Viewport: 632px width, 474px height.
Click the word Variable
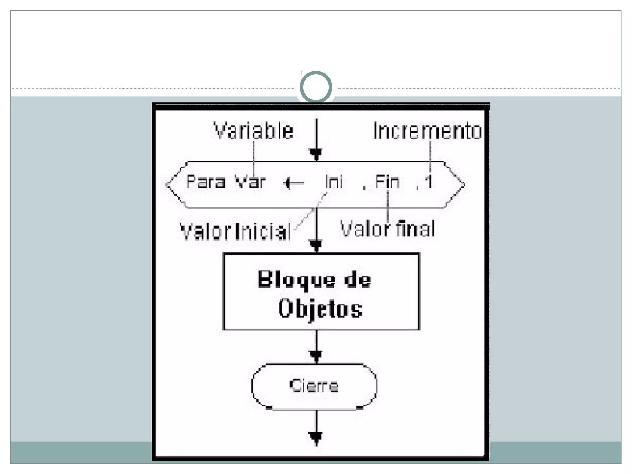[x=254, y=131]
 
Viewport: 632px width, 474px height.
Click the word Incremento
[x=427, y=131]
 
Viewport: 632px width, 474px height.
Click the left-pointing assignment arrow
[x=293, y=183]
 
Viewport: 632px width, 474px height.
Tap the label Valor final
[x=388, y=229]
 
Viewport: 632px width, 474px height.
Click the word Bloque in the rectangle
[x=296, y=280]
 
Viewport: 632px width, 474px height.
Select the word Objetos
[x=320, y=309]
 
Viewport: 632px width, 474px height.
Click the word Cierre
[x=314, y=386]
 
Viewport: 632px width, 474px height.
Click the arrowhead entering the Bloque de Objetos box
[x=316, y=246]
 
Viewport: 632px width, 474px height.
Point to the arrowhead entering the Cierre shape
[x=316, y=356]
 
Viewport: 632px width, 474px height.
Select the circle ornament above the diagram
[x=316, y=87]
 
